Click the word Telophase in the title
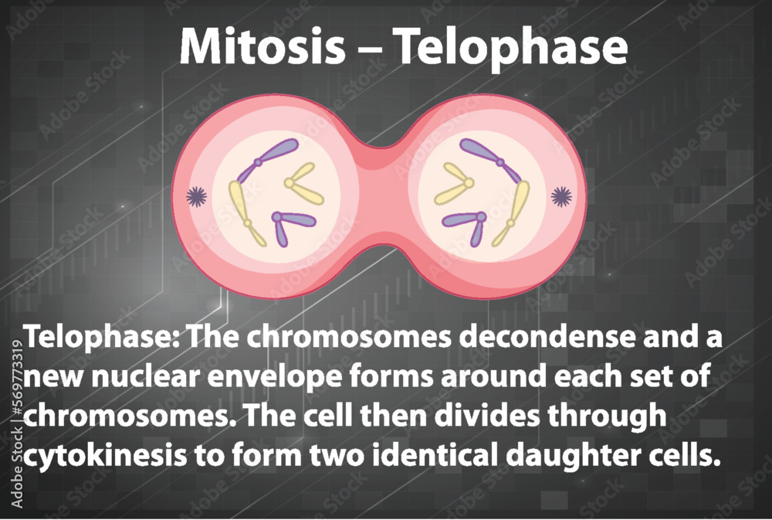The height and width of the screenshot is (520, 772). click(510, 48)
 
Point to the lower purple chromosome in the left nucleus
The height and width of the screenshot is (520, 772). click(289, 223)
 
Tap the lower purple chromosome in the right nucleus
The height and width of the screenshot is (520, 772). click(468, 223)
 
